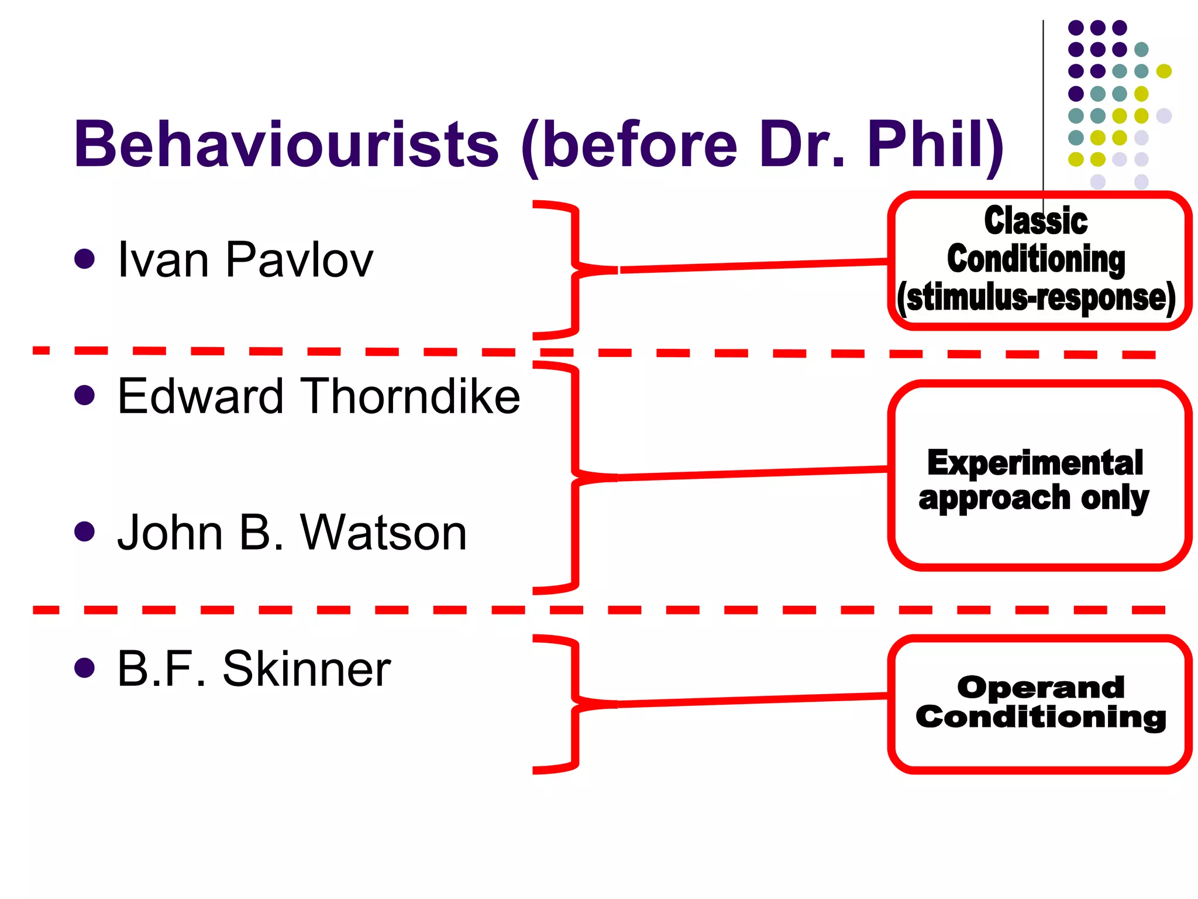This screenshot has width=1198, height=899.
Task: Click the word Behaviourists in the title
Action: coord(286,144)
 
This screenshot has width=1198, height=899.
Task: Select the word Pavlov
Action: coord(299,259)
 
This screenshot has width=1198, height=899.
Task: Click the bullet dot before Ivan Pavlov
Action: coord(85,259)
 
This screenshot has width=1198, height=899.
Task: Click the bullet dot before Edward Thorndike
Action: coord(85,395)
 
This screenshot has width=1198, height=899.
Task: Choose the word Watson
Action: coord(383,533)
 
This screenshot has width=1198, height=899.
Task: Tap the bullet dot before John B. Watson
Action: coord(85,531)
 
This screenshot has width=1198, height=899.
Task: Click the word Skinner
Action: coord(307,668)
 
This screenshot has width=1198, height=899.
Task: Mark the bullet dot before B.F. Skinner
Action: coord(85,667)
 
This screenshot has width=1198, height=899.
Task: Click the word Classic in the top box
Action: coord(1035,221)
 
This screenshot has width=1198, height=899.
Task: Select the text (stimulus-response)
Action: coord(1036,298)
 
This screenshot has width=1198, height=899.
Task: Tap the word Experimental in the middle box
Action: coord(1035,463)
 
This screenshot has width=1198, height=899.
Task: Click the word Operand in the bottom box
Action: coord(1041,687)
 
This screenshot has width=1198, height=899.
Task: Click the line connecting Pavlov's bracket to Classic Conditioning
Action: coord(755,265)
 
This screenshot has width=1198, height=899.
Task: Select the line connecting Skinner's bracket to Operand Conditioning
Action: coord(755,700)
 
